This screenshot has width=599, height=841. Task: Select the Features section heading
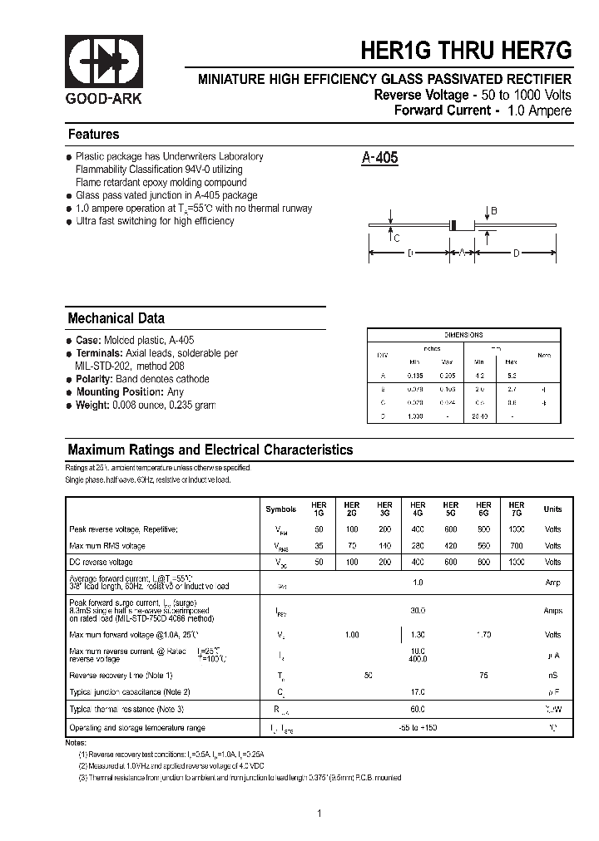(x=93, y=135)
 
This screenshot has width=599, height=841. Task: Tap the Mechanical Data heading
(x=116, y=318)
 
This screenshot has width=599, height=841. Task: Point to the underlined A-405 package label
(x=380, y=158)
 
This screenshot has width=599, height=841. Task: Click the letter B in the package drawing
(x=493, y=212)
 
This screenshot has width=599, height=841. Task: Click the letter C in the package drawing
(x=396, y=238)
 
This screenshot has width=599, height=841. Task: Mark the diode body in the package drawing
(x=453, y=224)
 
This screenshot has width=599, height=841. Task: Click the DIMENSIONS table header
(x=463, y=335)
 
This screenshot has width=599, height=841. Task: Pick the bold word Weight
(x=93, y=405)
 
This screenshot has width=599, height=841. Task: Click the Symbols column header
(x=280, y=509)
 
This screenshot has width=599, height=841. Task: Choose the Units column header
(x=552, y=509)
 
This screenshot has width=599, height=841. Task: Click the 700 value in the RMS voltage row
(x=517, y=546)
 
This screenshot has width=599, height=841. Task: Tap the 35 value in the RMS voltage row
(x=319, y=546)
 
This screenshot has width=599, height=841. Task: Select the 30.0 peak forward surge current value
(x=418, y=611)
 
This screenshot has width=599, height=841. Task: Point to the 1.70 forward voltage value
(x=483, y=635)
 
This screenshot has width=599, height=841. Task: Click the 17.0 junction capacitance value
(x=418, y=691)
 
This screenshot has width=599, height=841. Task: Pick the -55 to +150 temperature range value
(x=418, y=728)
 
